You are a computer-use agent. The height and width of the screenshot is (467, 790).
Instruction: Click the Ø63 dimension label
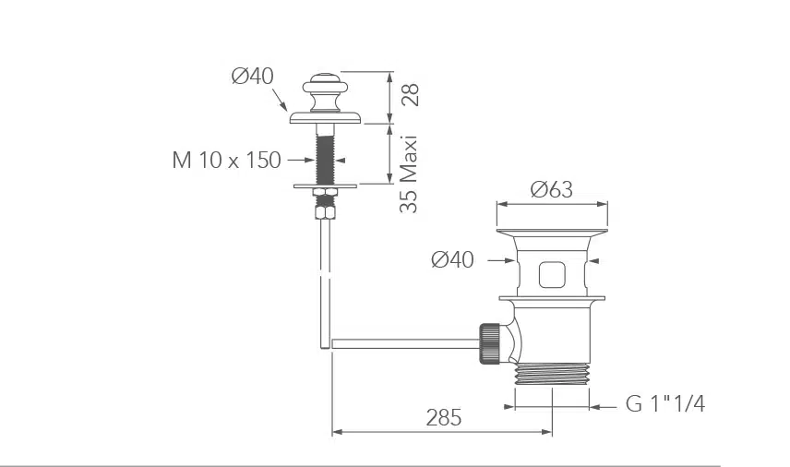coord(552,189)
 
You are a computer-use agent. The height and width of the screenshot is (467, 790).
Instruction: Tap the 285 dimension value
coord(443,418)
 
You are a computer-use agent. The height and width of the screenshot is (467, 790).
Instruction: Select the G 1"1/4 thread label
coord(665,403)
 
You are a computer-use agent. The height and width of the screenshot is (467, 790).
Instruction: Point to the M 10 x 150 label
coord(226,161)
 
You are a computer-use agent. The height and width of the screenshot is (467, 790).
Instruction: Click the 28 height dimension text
coord(411,95)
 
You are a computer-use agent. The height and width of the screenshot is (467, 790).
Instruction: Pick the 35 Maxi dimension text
coord(409,174)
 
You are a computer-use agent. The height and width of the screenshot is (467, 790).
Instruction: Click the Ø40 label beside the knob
coord(253,76)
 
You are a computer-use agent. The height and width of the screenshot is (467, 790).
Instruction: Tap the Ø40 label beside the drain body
coord(452,260)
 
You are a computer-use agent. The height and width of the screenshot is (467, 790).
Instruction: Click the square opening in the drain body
coord(552,275)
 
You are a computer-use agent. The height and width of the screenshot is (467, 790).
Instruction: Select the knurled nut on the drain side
coord(490,343)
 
